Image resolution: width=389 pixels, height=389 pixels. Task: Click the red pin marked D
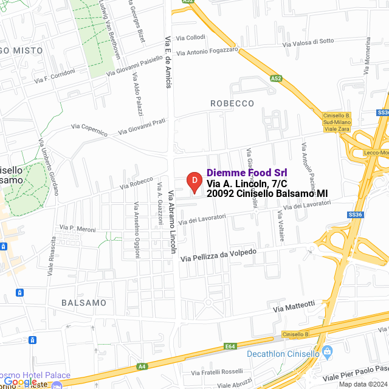tap(193, 181)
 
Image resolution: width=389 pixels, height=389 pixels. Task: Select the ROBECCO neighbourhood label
tap(232, 103)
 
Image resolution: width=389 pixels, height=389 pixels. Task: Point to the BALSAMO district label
tap(84, 302)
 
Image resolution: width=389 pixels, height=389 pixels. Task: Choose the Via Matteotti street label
tap(294, 307)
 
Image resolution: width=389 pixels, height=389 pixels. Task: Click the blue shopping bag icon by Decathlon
tap(327, 351)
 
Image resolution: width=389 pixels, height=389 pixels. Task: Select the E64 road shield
tap(230, 346)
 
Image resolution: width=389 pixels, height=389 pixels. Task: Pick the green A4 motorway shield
tap(142, 367)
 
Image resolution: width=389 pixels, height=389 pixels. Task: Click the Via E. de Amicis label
tap(168, 61)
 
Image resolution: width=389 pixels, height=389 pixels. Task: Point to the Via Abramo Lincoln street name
tap(173, 222)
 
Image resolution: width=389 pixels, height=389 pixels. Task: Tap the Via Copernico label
tap(89, 129)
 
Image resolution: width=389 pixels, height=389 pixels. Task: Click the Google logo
tap(19, 381)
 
